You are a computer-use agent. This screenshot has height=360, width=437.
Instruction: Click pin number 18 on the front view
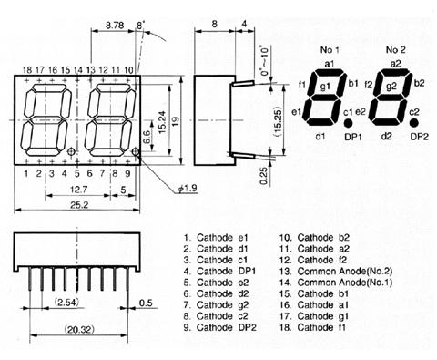[x=27, y=69]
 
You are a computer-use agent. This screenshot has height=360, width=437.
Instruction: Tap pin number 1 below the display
[x=27, y=171]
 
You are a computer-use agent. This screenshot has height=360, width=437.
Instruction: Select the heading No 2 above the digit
[x=395, y=48]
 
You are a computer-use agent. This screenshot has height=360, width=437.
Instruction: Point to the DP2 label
[x=419, y=137]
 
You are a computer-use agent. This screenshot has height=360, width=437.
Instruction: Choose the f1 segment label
[x=301, y=85]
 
